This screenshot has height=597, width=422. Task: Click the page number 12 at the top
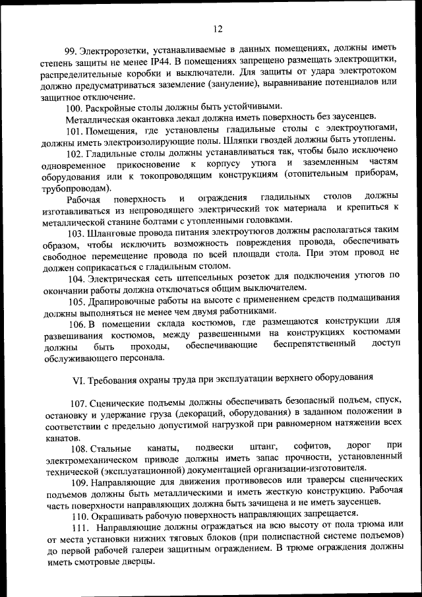click(x=218, y=28)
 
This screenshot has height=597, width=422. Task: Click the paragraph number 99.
click(x=72, y=51)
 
